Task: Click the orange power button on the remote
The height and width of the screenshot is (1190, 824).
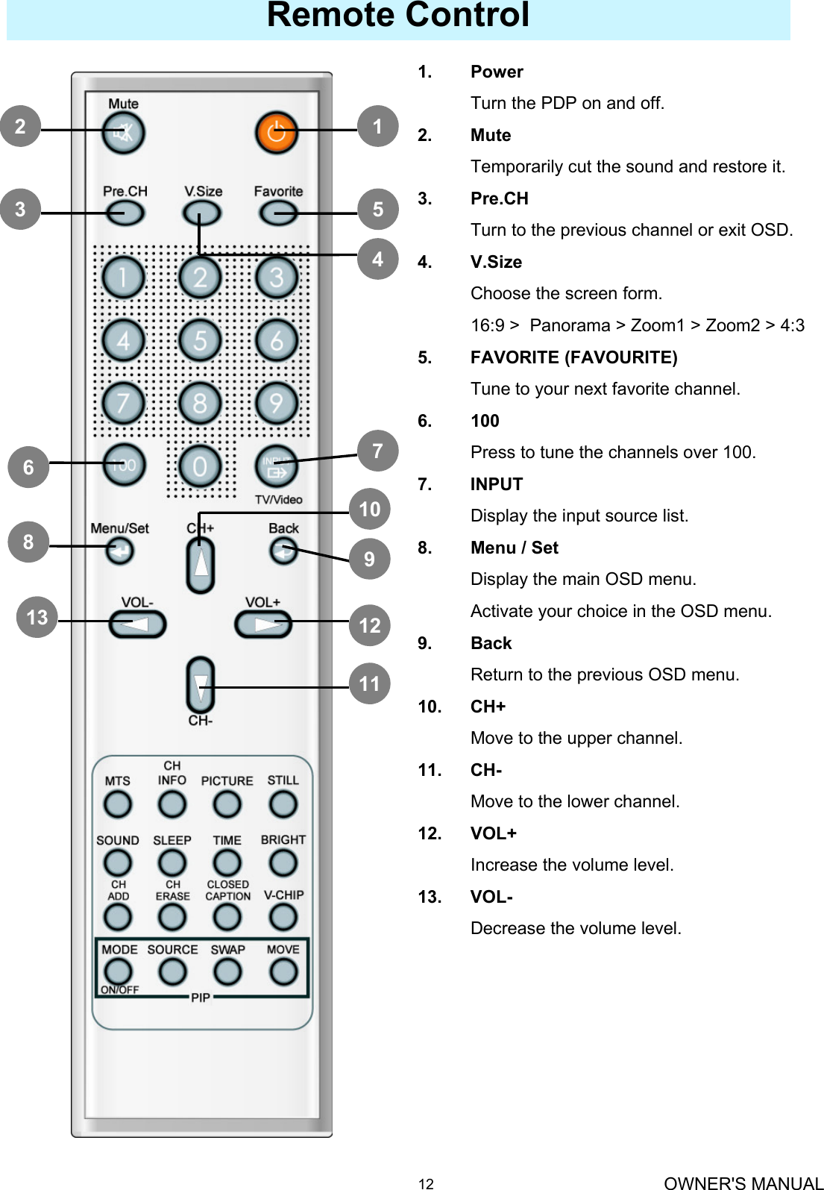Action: coord(277,133)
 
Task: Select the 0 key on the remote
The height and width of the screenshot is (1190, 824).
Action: coord(200,467)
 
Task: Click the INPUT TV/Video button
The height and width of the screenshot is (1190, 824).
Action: coord(276,467)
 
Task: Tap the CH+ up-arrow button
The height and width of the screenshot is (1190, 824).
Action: coord(200,565)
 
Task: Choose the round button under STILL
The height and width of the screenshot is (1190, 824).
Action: coord(283,804)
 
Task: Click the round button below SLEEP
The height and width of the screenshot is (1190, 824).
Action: coord(172,863)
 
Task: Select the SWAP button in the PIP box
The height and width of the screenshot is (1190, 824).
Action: coord(227,971)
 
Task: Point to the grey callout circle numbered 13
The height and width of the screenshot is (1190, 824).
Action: coord(37,617)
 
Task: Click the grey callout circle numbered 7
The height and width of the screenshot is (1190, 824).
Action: coord(377,451)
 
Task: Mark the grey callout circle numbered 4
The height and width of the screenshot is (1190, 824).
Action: coord(377,259)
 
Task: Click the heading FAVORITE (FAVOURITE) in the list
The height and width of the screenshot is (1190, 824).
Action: coord(573,357)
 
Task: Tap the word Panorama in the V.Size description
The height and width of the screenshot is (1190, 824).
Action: coord(570,325)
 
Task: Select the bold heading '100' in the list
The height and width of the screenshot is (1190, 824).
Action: coord(485,421)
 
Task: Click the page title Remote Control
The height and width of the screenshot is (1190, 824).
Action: coord(398,16)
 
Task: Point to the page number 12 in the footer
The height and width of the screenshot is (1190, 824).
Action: coord(425,1183)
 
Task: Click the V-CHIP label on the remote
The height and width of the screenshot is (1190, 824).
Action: coord(283,895)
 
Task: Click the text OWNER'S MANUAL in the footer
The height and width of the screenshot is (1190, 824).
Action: coord(743,1183)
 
